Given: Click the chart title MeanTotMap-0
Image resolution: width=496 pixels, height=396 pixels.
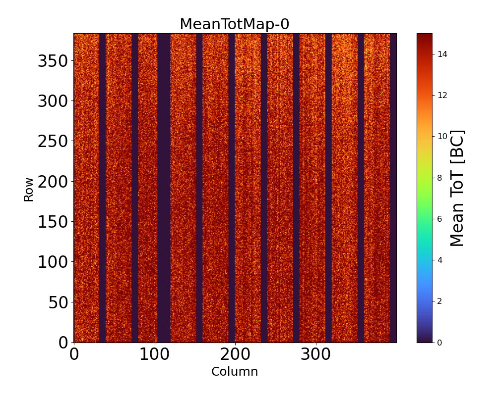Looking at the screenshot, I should click(234, 24).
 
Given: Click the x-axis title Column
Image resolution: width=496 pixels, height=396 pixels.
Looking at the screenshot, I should click(235, 372).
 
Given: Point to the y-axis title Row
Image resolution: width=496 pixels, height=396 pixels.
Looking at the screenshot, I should click(29, 189).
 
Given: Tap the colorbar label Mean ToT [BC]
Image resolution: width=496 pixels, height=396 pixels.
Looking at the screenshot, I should click(457, 188).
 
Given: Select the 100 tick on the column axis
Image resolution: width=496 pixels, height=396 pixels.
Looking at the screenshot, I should click(154, 354).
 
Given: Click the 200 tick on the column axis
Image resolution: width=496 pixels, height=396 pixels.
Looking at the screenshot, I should click(235, 354).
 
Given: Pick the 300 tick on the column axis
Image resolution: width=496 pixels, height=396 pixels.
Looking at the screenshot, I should click(316, 354).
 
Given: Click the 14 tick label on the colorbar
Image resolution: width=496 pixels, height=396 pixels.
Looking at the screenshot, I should click(442, 54).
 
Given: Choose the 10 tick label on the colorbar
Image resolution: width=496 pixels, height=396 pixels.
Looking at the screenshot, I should click(442, 136).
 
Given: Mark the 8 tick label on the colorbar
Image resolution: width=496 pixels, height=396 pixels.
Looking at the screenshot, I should click(440, 177).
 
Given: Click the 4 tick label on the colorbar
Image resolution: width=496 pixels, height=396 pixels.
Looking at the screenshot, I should click(440, 260).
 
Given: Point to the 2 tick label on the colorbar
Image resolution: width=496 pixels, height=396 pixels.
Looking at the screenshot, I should click(440, 301).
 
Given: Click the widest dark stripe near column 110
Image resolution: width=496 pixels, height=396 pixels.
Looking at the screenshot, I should click(164, 188).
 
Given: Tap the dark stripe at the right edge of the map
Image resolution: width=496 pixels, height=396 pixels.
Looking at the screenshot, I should click(393, 188).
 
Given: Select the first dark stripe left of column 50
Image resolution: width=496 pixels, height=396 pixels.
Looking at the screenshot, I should click(102, 188).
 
